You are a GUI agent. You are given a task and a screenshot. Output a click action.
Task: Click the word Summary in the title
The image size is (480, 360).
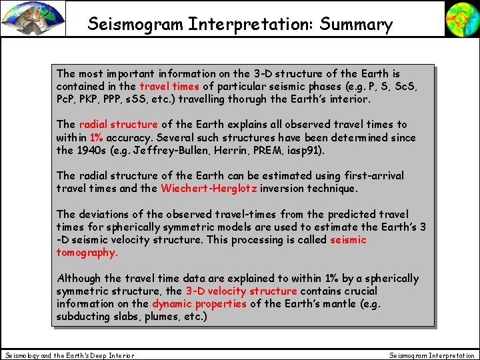pyautogui.click(x=356, y=25)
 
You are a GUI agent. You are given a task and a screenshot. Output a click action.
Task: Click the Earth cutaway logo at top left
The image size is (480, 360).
pyautogui.click(x=33, y=18)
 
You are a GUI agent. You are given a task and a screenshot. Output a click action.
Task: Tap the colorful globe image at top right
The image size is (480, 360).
pyautogui.click(x=462, y=18)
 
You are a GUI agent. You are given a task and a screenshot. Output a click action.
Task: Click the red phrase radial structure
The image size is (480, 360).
pyautogui.click(x=118, y=125)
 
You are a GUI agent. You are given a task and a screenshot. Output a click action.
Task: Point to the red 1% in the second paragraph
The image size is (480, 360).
pyautogui.click(x=96, y=138)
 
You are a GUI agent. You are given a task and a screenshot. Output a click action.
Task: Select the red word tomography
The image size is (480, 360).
pyautogui.click(x=87, y=253)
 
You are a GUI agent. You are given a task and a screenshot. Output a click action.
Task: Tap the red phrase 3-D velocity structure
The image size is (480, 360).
pyautogui.click(x=241, y=291)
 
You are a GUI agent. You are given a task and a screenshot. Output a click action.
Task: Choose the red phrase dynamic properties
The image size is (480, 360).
pyautogui.click(x=199, y=304)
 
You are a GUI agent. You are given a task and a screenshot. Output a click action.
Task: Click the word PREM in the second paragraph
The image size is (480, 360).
pyautogui.click(x=269, y=151)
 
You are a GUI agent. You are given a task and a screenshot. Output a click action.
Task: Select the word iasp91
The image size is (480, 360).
pyautogui.click(x=305, y=151)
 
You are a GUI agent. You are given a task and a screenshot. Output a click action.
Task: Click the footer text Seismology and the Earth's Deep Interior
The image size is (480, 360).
pyautogui.click(x=69, y=355)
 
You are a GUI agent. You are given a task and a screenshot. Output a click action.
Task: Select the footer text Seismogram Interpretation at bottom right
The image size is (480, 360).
pyautogui.click(x=432, y=355)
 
